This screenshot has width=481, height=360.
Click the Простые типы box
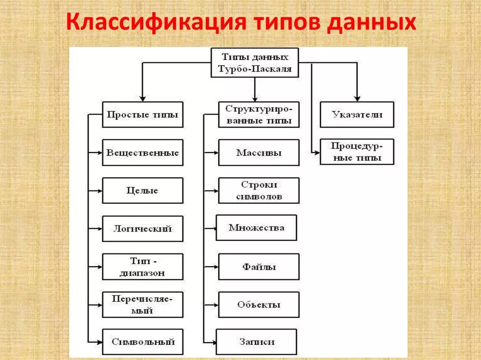(x=142, y=115)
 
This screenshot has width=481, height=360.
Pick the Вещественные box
(x=142, y=153)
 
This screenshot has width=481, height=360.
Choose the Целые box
(x=142, y=191)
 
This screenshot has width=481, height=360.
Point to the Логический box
(x=142, y=229)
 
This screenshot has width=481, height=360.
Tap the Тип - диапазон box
(x=142, y=267)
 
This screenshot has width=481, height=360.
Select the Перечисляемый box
(x=142, y=305)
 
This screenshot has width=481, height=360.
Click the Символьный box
(x=142, y=342)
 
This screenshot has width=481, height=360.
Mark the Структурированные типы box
(x=258, y=115)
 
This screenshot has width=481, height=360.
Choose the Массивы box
(x=258, y=153)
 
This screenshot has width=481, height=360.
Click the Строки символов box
(x=258, y=191)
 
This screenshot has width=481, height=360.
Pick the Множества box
(x=256, y=228)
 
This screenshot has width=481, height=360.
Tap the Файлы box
(x=258, y=267)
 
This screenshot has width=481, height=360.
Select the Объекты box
(x=258, y=305)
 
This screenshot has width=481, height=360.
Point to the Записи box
(x=256, y=342)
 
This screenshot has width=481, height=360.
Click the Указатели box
(x=357, y=115)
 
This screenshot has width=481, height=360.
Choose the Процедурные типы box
(x=357, y=152)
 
